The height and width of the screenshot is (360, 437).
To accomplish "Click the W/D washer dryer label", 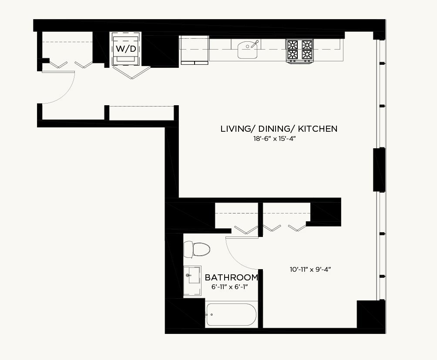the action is pos(126,49).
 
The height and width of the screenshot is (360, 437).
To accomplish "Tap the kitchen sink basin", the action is pos(248,50).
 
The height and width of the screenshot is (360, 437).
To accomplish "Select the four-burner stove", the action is pos(299,51).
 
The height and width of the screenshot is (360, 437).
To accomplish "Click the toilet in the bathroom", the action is pos(197,249).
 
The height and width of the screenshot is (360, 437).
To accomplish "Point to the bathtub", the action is pos(231,315).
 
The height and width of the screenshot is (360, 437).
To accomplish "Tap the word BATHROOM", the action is pos(231,277).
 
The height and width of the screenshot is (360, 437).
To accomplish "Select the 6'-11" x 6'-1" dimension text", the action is pos(230,287).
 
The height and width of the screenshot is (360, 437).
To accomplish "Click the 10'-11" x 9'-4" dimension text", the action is pos(310,269).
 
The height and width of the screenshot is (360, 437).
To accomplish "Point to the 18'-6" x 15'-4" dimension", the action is pos(274,138).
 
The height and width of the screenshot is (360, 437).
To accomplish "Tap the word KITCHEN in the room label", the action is pos(317,129).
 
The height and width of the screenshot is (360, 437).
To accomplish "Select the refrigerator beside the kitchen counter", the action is pos(195,50).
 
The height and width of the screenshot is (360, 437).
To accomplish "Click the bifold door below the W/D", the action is pos(131,72).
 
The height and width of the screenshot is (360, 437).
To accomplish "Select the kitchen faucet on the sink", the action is pos(255,44).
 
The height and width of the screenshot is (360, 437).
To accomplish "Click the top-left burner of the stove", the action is pos(292,44).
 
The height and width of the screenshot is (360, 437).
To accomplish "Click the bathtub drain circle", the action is pos(212,315).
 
